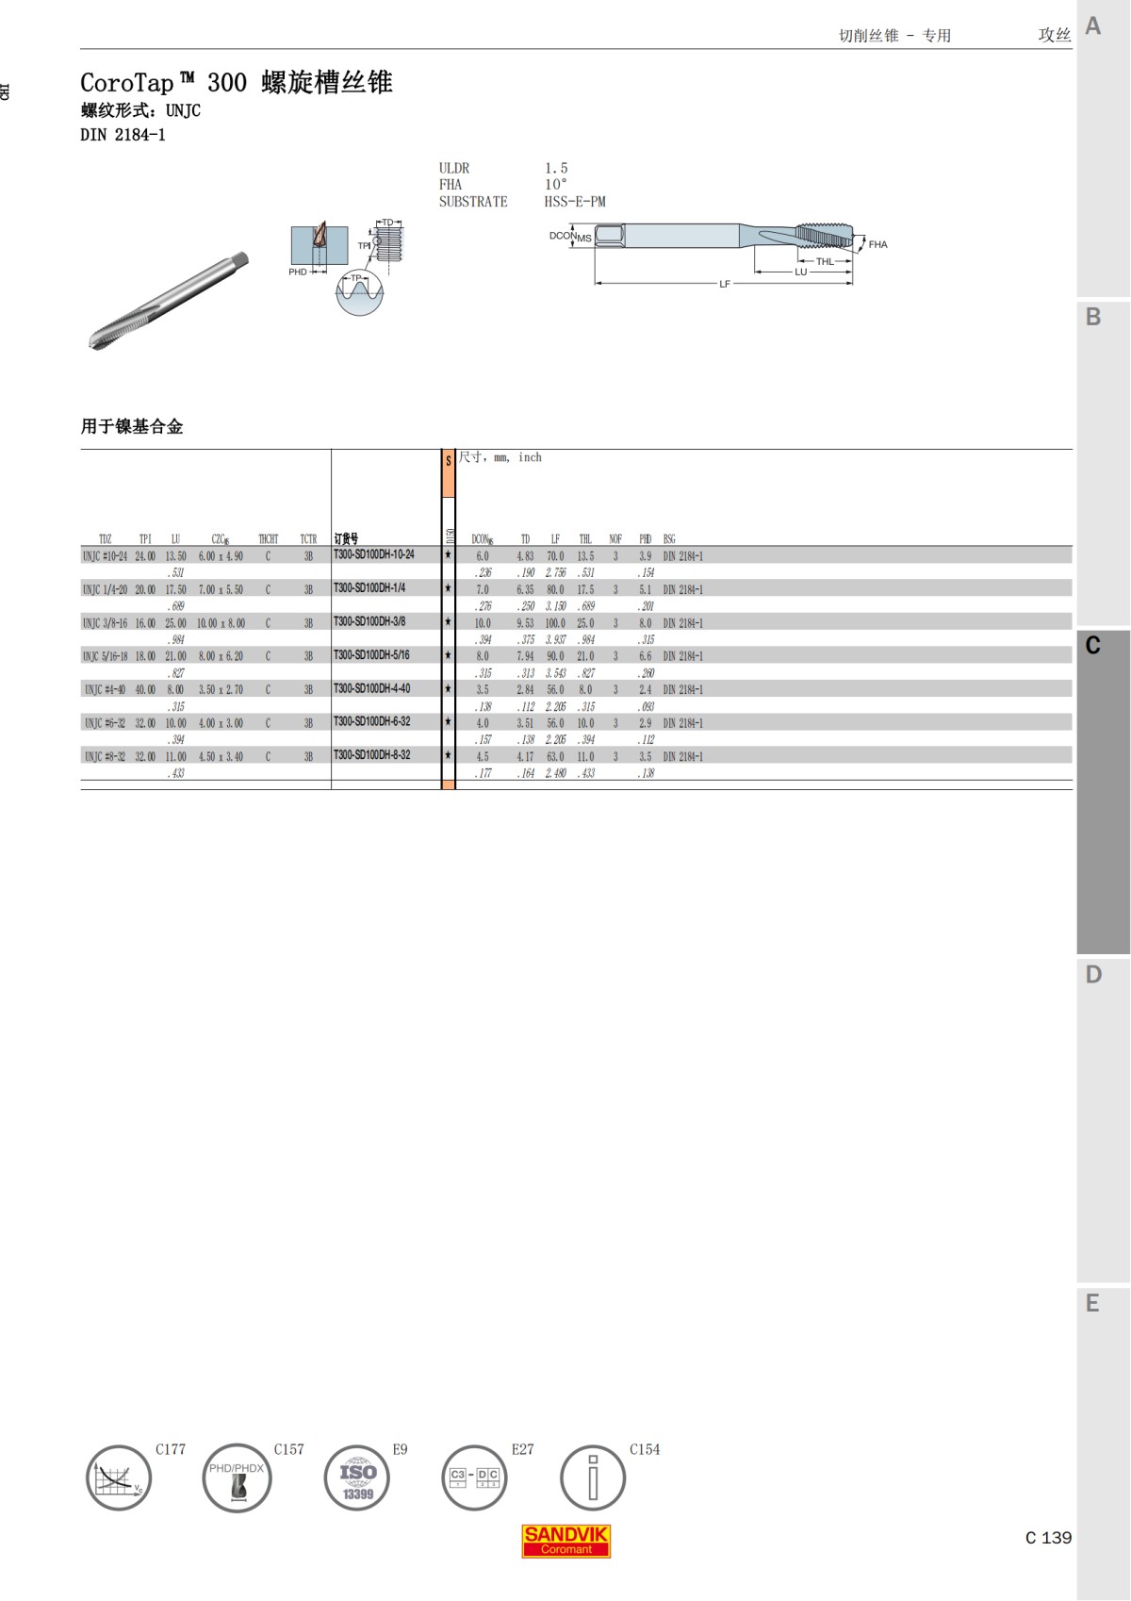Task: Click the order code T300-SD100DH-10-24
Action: (x=373, y=554)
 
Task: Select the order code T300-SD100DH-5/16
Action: (x=371, y=654)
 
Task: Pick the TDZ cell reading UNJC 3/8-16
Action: (x=105, y=623)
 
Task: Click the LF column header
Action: (x=555, y=539)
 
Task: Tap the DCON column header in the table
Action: (x=482, y=539)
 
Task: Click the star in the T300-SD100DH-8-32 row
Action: (x=448, y=755)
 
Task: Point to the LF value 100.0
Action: (x=555, y=623)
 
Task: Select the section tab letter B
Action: (x=1093, y=317)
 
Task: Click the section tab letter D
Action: (x=1093, y=975)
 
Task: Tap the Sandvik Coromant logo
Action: (x=566, y=1541)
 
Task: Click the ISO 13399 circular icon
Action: (x=357, y=1477)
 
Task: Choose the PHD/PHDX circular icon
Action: (x=237, y=1477)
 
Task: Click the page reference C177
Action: (x=171, y=1449)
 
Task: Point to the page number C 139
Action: (x=1048, y=1538)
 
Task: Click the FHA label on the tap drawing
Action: (x=877, y=244)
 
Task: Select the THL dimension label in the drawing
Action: (x=825, y=261)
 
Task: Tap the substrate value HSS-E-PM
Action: (x=575, y=202)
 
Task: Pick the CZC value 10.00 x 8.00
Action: (x=221, y=623)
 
